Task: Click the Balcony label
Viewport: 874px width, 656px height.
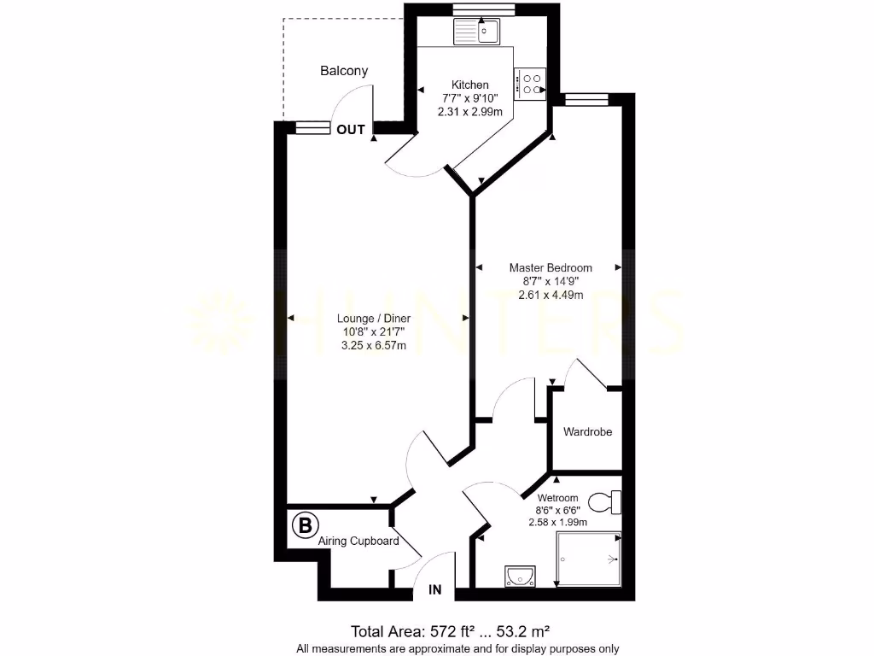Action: click(344, 71)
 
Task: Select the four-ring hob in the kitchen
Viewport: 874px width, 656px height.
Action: click(531, 83)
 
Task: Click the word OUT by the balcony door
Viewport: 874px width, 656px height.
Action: click(350, 130)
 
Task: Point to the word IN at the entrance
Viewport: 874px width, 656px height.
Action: click(435, 589)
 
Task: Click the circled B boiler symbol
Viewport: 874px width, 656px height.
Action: click(303, 525)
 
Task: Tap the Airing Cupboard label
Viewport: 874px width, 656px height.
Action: click(358, 541)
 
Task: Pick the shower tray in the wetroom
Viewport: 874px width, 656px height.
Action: click(588, 559)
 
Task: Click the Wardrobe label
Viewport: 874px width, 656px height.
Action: click(587, 432)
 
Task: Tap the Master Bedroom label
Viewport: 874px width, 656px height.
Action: click(551, 267)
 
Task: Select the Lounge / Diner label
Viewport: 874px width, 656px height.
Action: click(373, 318)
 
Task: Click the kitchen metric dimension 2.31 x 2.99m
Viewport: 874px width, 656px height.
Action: click(470, 112)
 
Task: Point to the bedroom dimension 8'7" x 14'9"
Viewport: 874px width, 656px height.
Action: click(551, 281)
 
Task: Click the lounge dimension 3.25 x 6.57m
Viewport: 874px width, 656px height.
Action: click(373, 345)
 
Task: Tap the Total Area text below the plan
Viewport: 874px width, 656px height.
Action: click(450, 631)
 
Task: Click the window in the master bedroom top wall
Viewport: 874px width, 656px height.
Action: click(587, 100)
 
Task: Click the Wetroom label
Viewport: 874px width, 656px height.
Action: click(557, 498)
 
